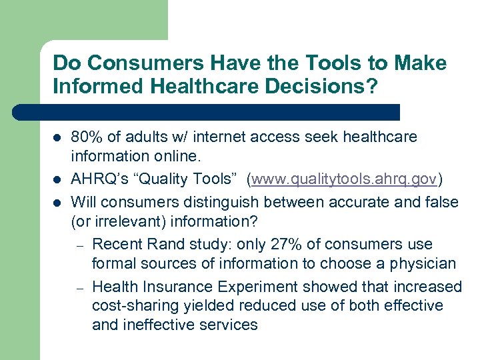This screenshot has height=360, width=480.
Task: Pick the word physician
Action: click(x=425, y=264)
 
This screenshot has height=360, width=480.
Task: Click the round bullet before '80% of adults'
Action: click(x=56, y=138)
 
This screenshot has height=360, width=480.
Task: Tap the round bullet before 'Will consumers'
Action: click(x=56, y=202)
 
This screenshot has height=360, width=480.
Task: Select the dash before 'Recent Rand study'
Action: click(x=78, y=245)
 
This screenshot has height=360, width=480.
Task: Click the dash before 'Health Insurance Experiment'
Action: click(x=78, y=287)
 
